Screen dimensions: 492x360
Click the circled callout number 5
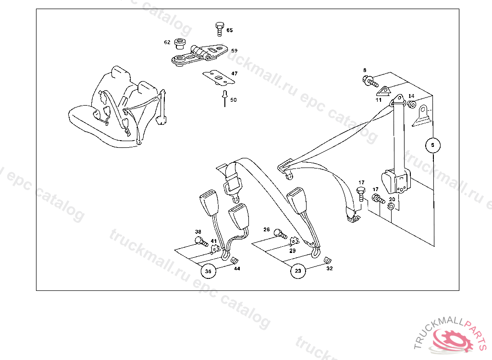(433, 145)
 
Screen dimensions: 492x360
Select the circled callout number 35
(209, 271)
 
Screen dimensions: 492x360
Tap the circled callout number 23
(298, 271)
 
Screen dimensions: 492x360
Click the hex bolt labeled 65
(220, 29)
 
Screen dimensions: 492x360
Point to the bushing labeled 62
(180, 44)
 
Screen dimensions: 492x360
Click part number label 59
(234, 50)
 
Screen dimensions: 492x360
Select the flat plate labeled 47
(219, 78)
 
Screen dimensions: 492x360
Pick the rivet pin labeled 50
(225, 98)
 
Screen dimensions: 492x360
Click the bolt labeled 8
(370, 81)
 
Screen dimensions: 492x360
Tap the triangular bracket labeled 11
(383, 92)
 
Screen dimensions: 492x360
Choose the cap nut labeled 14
(412, 104)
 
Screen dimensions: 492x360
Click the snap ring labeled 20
(391, 206)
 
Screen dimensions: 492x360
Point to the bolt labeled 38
(201, 241)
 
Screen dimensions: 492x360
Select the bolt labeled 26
(280, 234)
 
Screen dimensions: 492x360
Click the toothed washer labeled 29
(294, 241)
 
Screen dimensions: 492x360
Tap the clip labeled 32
(328, 260)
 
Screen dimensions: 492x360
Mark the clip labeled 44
(234, 260)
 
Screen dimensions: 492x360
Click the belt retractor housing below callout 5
(396, 181)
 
